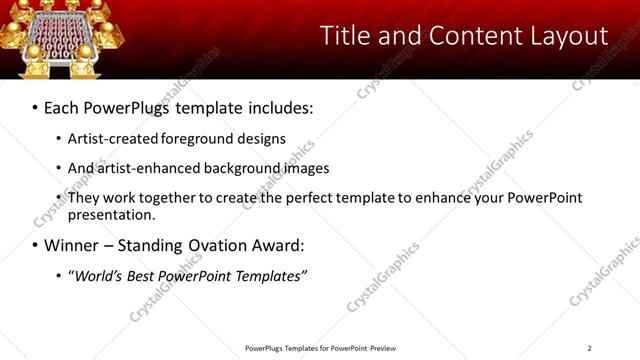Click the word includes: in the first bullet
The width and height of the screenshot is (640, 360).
[274, 105]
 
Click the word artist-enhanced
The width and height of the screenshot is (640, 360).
[147, 168]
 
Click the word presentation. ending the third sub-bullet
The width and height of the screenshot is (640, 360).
[112, 214]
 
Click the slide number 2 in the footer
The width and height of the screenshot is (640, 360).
[589, 348]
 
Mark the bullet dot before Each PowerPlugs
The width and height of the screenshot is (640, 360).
[36, 106]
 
